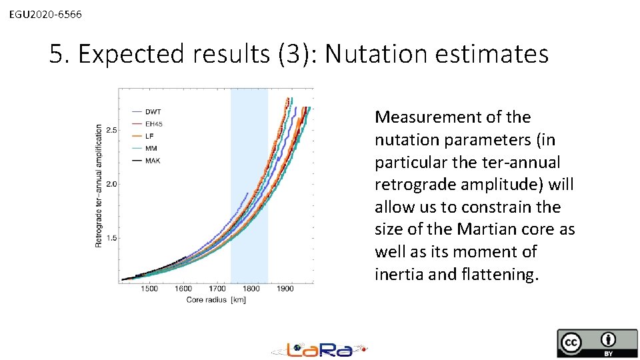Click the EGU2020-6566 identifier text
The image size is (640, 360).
pyautogui.click(x=46, y=13)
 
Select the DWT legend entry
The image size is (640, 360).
pyautogui.click(x=153, y=111)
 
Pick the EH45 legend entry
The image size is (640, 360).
pyautogui.click(x=154, y=124)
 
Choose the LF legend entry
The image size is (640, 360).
pyautogui.click(x=150, y=136)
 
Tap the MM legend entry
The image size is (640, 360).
pyautogui.click(x=151, y=149)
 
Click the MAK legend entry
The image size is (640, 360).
pyautogui.click(x=153, y=161)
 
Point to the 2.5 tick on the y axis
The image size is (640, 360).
pyautogui.click(x=111, y=130)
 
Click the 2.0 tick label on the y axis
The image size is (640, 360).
pyautogui.click(x=111, y=184)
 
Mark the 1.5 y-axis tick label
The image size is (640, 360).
pyautogui.click(x=111, y=238)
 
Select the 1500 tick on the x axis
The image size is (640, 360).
pyautogui.click(x=149, y=289)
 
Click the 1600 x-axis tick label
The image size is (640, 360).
pyautogui.click(x=183, y=289)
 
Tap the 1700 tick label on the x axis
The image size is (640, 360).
pyautogui.click(x=217, y=289)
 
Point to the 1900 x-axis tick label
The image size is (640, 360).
pyautogui.click(x=285, y=289)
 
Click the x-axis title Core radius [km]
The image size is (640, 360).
pyautogui.click(x=216, y=300)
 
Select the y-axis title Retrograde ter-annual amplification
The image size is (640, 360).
pyautogui.click(x=99, y=185)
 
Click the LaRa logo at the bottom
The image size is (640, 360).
pyautogui.click(x=319, y=349)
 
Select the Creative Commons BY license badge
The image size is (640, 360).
pyautogui.click(x=597, y=343)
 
